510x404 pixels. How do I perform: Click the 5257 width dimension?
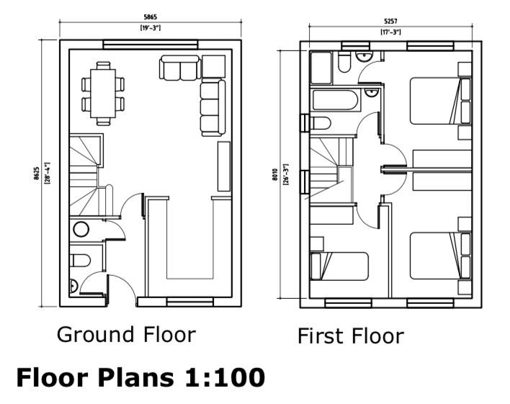click(390, 22)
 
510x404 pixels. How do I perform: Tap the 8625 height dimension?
click(37, 174)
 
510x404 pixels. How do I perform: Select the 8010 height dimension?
click(275, 175)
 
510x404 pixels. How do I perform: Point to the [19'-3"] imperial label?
click(151, 28)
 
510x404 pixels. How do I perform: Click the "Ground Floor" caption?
click(127, 335)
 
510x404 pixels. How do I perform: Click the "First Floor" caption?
click(351, 336)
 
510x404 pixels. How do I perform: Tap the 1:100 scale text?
click(225, 377)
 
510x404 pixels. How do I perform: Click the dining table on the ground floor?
click(103, 94)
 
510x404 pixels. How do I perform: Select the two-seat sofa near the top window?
click(180, 68)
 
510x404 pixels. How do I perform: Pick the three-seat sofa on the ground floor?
click(212, 108)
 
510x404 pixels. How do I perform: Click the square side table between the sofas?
click(213, 67)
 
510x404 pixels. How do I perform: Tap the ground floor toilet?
click(80, 261)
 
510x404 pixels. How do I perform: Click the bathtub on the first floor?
click(335, 101)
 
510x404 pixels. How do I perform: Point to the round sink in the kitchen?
click(81, 229)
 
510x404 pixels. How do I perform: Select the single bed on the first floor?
click(339, 266)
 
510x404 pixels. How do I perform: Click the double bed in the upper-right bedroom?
click(440, 101)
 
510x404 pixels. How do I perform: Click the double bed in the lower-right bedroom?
click(440, 256)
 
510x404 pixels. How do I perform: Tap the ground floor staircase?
click(84, 176)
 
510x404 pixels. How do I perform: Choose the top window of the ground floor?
click(151, 45)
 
